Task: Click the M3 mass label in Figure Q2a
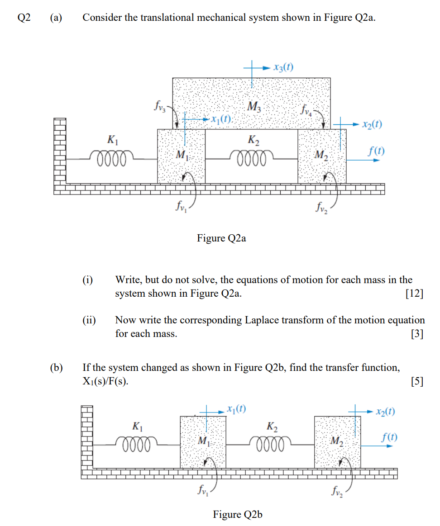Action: tap(254, 107)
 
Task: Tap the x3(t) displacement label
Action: tap(283, 68)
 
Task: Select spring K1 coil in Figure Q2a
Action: tap(111, 158)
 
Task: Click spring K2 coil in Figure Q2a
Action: tap(251, 158)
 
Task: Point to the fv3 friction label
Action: tap(160, 107)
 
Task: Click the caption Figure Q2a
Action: tap(221, 238)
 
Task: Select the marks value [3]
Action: tap(417, 334)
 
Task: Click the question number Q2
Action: tap(24, 18)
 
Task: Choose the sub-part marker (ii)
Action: tap(89, 320)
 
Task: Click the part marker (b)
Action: tap(56, 368)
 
